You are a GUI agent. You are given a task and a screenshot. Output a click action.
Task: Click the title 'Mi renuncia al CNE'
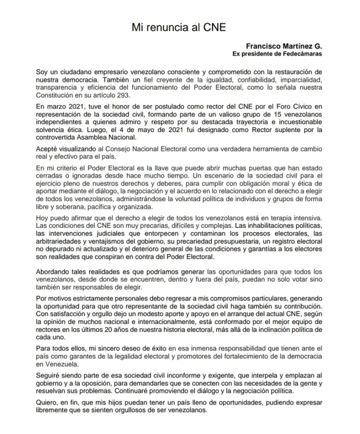coord(179,27)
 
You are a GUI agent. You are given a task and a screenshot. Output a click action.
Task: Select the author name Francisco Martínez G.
coord(284,46)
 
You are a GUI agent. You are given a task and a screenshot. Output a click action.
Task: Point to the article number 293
coord(124,95)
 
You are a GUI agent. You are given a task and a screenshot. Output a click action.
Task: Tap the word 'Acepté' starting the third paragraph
coord(47,149)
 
